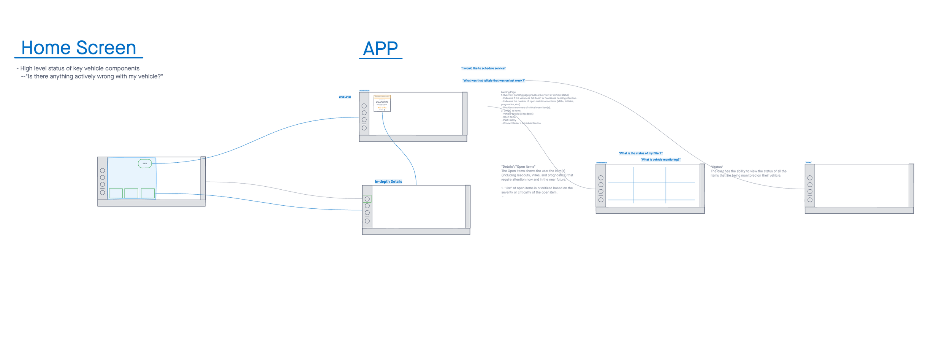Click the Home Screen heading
(x=79, y=48)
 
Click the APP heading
(x=380, y=49)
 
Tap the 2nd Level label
(x=345, y=97)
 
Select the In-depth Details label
(x=388, y=182)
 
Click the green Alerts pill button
(x=145, y=163)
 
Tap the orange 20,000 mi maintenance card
(x=382, y=103)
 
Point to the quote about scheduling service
(x=483, y=68)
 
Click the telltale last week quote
(x=493, y=81)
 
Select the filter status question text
(x=640, y=154)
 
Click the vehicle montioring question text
(x=660, y=160)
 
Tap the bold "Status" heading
(x=717, y=167)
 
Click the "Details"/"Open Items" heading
(x=518, y=167)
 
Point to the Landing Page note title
(x=508, y=92)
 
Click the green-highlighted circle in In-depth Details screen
(x=367, y=199)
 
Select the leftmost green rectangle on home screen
(x=116, y=193)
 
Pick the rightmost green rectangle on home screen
(x=148, y=193)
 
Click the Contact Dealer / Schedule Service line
(x=521, y=123)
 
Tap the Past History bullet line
(x=509, y=120)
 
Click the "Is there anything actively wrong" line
(x=92, y=76)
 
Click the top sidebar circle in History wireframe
(x=810, y=178)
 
